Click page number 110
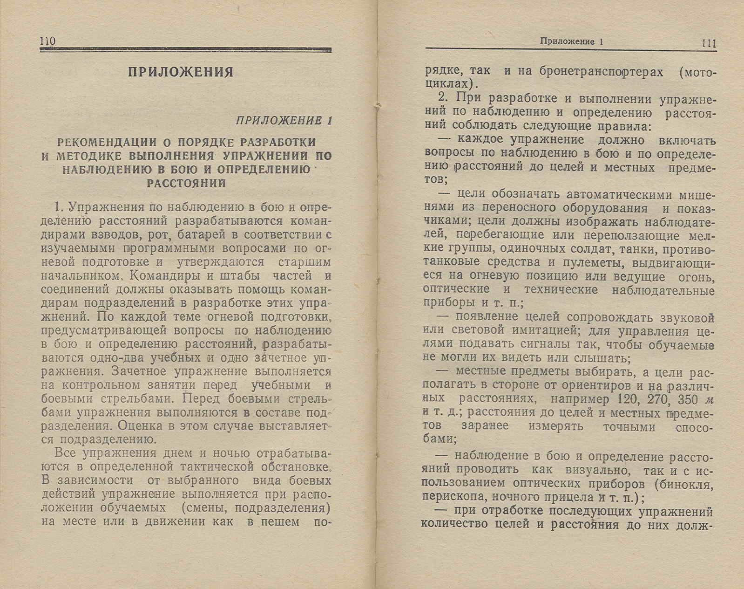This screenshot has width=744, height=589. click(x=48, y=41)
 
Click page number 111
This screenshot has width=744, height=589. click(x=709, y=43)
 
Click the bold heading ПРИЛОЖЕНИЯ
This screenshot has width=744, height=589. click(x=181, y=72)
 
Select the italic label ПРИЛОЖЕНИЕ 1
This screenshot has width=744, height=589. click(x=284, y=121)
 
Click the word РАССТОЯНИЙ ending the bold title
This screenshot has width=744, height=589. click(x=186, y=183)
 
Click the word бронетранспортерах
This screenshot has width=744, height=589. click(x=601, y=72)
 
